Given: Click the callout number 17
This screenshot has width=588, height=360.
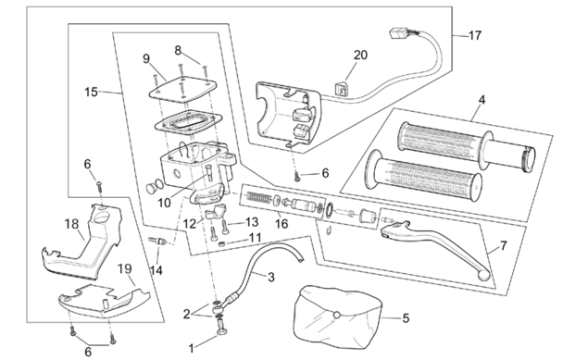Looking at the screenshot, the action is pos(475,35).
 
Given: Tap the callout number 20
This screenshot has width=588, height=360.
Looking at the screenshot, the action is pos(360,56).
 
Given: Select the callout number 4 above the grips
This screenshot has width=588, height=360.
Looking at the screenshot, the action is pos(482,100).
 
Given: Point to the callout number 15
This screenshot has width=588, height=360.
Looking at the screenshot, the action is pos(91,92).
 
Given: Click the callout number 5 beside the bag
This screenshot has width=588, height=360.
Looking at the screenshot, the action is pos(406,318).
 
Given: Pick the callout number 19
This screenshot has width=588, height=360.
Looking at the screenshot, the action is pos(125,268).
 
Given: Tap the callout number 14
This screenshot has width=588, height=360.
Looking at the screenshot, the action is pos(156,270).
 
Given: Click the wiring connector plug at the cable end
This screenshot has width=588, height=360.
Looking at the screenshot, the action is pos(399,33).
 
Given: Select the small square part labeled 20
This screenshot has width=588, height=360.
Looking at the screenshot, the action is pos(342,90).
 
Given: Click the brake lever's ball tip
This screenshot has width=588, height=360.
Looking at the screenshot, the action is pos(484,276).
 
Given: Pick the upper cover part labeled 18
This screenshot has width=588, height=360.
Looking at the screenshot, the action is pos(84,243).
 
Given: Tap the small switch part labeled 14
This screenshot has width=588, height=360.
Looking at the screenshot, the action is pos(157,241).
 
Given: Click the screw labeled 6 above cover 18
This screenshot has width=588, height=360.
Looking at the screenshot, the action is pos(100,186).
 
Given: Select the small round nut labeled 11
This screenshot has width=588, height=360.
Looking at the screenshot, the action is pos(221,244).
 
